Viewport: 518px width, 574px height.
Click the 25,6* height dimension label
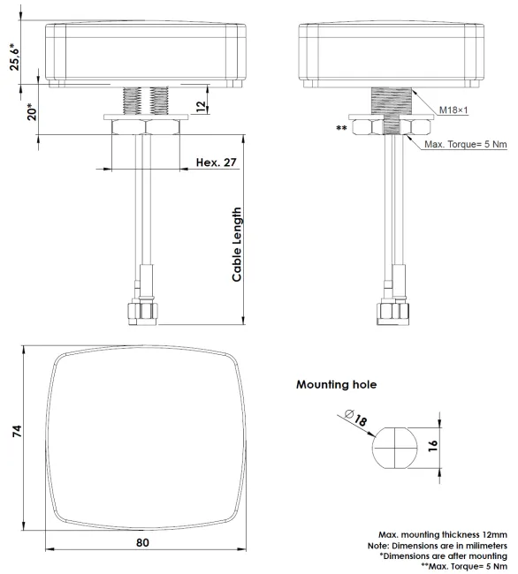pos(15,57)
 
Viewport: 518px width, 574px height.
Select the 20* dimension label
pos(32,112)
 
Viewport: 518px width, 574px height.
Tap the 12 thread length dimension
pos(202,106)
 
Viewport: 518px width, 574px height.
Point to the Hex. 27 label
pos(217,162)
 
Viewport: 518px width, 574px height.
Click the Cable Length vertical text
pos(237,245)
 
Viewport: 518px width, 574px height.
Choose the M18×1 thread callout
pos(453,110)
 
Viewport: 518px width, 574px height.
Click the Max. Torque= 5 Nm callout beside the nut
pos(466,144)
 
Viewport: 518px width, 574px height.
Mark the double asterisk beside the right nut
pos(341,129)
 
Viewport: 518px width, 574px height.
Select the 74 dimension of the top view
pos(17,431)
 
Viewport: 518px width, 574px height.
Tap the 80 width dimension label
pos(142,542)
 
